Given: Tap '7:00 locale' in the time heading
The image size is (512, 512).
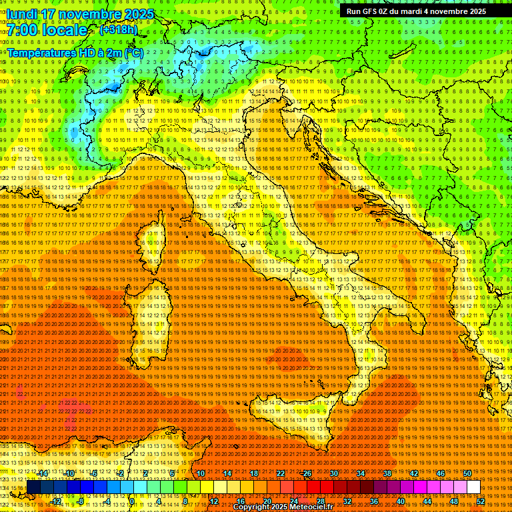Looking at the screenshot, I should click(x=47, y=30).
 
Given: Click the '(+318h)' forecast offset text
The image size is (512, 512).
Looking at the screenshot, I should click(x=118, y=29).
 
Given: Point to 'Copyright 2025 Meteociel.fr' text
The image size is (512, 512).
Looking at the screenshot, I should click(x=287, y=507).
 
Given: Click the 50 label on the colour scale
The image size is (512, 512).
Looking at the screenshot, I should click(x=467, y=473).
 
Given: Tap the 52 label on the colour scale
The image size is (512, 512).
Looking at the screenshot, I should click(x=481, y=501).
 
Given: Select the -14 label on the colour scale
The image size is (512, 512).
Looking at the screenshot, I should click(x=43, y=473).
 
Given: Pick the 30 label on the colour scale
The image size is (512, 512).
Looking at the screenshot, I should click(x=333, y=473).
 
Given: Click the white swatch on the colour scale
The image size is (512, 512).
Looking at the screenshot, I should click(x=473, y=487).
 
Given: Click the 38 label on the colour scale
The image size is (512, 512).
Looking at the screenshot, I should click(x=387, y=473).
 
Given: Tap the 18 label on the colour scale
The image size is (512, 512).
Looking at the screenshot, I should click(x=254, y=473).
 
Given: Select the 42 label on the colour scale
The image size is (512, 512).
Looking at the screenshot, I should click(x=414, y=473).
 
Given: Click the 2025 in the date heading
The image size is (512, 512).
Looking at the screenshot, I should click(x=138, y=14).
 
